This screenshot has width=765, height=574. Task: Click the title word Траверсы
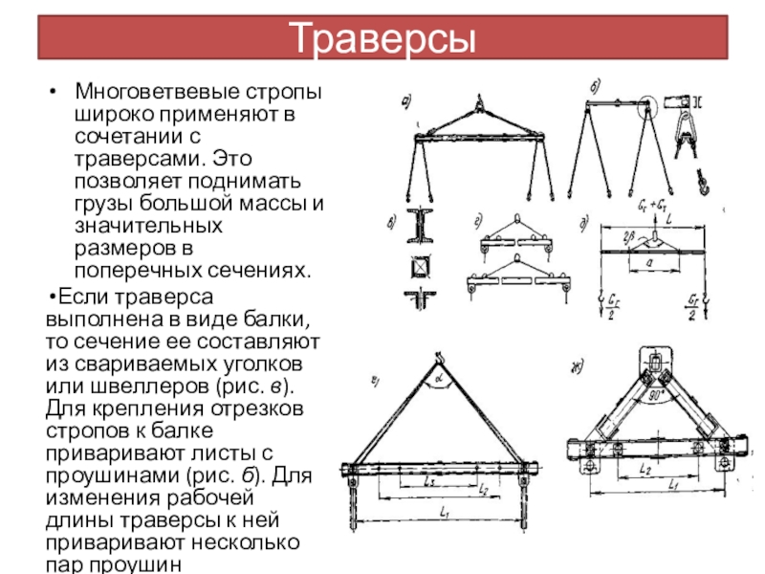pos(382,38)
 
